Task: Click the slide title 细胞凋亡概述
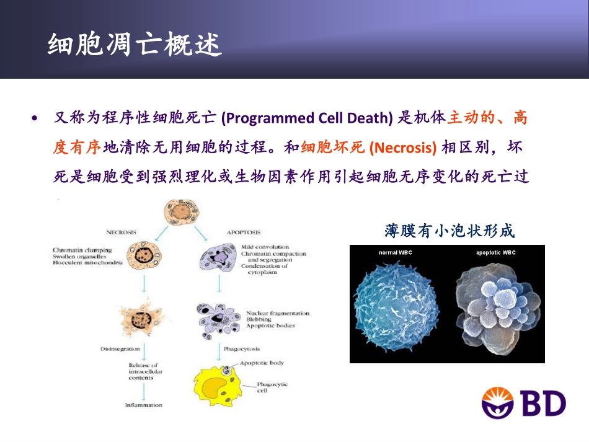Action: pyautogui.click(x=135, y=45)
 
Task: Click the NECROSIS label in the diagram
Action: pyautogui.click(x=122, y=232)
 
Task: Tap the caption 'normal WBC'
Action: pyautogui.click(x=395, y=253)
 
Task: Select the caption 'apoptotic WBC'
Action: pyautogui.click(x=495, y=253)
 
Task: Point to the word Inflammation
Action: pyautogui.click(x=143, y=405)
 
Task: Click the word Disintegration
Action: pyautogui.click(x=120, y=349)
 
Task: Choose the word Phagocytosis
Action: pyautogui.click(x=242, y=349)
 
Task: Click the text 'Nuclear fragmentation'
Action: pyautogui.click(x=277, y=314)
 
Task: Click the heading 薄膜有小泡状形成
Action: pyautogui.click(x=449, y=232)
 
